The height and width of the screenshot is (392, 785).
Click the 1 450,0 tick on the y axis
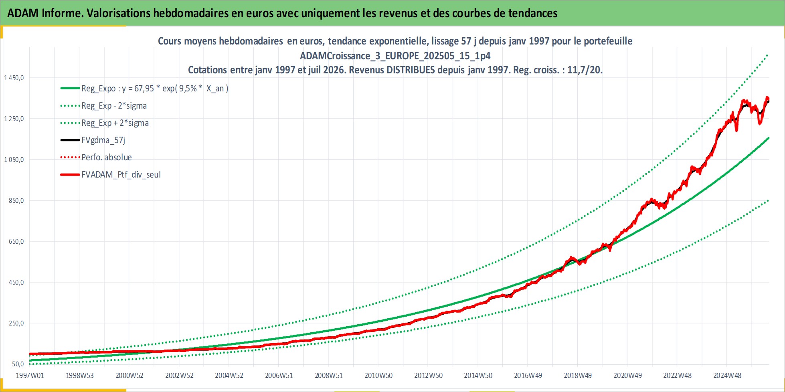[14, 78]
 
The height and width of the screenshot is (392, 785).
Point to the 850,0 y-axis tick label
[16, 200]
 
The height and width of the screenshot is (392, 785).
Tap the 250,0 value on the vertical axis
[16, 323]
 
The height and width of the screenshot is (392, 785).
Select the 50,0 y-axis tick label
[18, 364]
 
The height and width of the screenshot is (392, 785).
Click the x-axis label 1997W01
[30, 376]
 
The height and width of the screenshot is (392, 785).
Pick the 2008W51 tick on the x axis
[329, 376]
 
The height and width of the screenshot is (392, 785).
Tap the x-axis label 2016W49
[528, 376]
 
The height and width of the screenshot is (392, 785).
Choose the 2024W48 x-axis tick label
[727, 376]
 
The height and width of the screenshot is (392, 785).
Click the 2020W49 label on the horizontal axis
[627, 376]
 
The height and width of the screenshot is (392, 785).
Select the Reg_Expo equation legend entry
[155, 89]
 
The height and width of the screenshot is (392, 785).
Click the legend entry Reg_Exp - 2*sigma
[114, 106]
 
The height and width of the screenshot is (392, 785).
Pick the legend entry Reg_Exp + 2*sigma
[115, 123]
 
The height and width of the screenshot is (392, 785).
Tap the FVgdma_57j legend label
[103, 140]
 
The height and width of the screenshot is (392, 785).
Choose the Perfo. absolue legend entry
[107, 158]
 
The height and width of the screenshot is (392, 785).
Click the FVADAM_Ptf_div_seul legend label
[121, 175]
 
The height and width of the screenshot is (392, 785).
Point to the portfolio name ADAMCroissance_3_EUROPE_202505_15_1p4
[395, 56]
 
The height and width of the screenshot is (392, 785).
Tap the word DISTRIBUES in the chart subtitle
[411, 70]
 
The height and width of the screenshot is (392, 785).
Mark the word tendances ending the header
[533, 13]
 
